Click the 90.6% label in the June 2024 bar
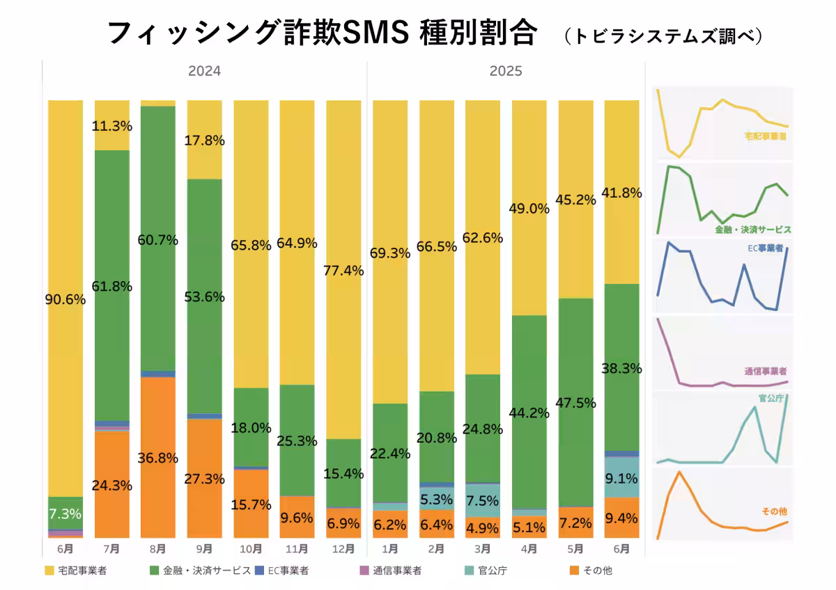click(65, 300)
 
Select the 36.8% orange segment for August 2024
click(158, 458)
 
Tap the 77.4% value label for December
click(343, 271)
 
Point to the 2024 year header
click(205, 71)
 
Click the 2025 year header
click(506, 71)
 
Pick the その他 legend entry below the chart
click(592, 571)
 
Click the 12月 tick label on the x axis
click(343, 548)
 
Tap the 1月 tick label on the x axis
click(390, 548)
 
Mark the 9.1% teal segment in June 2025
click(621, 478)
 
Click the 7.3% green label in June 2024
click(65, 515)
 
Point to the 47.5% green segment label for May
click(575, 404)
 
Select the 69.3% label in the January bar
click(390, 253)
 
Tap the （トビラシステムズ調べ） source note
click(663, 35)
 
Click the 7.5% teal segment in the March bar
click(483, 500)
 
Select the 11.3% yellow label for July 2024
click(111, 126)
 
